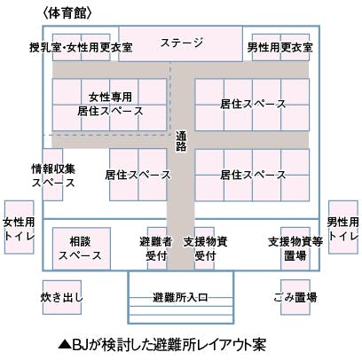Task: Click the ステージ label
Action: click(x=182, y=43)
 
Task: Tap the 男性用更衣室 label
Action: click(x=280, y=47)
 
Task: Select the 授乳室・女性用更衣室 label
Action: click(x=81, y=47)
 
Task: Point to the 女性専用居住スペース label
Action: click(x=110, y=104)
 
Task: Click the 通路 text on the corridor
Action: click(x=181, y=141)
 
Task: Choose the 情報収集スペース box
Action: click(x=52, y=175)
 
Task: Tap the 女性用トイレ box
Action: click(x=19, y=227)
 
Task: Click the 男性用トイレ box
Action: click(x=343, y=227)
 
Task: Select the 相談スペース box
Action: click(x=82, y=248)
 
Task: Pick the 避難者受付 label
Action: click(x=156, y=249)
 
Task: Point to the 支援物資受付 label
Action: click(x=206, y=249)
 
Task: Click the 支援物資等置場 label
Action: click(x=295, y=249)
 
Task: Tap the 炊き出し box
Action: click(x=62, y=297)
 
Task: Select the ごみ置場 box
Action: click(x=295, y=297)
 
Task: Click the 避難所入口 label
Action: click(x=180, y=297)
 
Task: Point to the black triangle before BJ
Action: click(x=65, y=345)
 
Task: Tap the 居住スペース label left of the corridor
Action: click(x=138, y=175)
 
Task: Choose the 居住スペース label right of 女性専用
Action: click(x=253, y=104)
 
